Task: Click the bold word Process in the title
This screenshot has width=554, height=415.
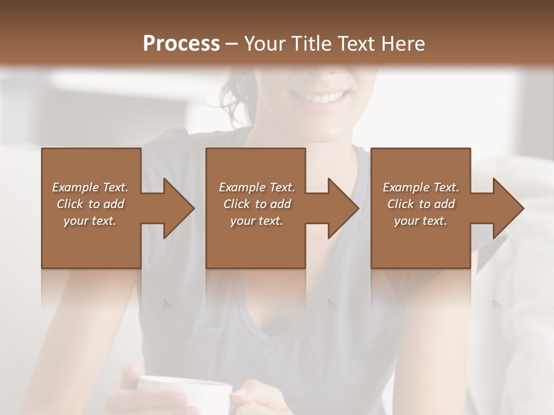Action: [x=181, y=44]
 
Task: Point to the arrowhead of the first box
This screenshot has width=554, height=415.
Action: [x=177, y=208]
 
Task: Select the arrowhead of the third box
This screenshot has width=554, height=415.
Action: [x=506, y=208]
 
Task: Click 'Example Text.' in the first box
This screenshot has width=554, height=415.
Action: [x=90, y=187]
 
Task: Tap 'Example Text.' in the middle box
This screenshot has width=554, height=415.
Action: [x=256, y=187]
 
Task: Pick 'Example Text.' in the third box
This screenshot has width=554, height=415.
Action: [x=421, y=187]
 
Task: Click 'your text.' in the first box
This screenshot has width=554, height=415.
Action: [x=90, y=221]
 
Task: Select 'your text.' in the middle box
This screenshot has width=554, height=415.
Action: [x=256, y=221]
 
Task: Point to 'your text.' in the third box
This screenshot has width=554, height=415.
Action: [x=421, y=221]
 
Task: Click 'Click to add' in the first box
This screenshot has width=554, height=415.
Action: [x=90, y=204]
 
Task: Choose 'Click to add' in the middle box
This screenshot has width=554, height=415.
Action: [x=256, y=204]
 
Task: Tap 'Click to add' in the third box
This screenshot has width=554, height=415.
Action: [x=421, y=204]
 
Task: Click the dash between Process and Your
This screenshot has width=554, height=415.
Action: [x=231, y=44]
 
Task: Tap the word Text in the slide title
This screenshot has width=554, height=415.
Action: [x=354, y=44]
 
